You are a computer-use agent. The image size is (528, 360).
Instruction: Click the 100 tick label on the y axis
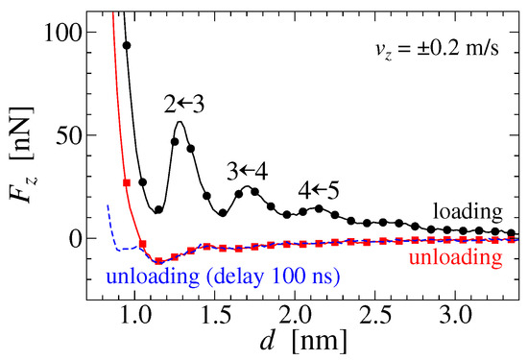(63, 33)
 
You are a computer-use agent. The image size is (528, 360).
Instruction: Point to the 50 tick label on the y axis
(69, 135)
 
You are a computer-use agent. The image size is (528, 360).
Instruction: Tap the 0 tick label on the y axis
(76, 238)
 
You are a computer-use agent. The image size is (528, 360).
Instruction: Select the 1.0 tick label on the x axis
(135, 316)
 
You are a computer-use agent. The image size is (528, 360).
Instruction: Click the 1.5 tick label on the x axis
(215, 316)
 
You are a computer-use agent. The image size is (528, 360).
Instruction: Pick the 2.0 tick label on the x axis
(295, 316)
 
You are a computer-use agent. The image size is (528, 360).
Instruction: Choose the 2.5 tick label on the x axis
(375, 316)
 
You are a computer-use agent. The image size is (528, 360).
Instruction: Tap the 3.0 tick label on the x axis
(455, 316)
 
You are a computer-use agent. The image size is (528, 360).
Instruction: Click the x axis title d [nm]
(303, 341)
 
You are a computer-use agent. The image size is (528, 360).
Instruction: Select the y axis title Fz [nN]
(23, 155)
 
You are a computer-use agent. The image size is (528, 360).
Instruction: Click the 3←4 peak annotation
(248, 172)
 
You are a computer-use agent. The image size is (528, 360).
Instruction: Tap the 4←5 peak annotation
(319, 190)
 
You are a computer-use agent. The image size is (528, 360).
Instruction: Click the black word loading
(468, 212)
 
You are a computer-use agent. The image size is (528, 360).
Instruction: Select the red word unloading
(456, 257)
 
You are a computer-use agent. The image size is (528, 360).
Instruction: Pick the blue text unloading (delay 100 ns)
(223, 276)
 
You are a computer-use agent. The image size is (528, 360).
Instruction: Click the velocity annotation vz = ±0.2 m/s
(437, 49)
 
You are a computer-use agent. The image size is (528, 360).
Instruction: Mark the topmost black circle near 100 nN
(127, 45)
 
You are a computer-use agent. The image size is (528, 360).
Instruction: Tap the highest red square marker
(127, 182)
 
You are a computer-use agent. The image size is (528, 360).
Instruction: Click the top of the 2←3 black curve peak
(180, 122)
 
